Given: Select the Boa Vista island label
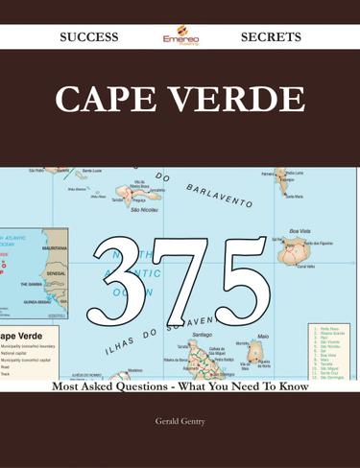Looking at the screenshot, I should point(300,231).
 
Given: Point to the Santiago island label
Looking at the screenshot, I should point(202,334).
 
